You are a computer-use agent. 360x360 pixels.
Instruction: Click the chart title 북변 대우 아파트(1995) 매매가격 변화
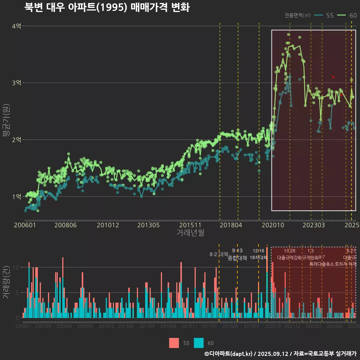107,7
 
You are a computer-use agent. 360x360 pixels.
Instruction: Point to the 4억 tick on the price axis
16,26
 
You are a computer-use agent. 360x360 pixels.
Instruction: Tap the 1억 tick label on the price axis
16,196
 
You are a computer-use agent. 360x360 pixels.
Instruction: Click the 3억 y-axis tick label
16,83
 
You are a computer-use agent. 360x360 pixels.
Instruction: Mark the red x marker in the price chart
333,77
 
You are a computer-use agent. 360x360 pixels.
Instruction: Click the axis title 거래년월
190,233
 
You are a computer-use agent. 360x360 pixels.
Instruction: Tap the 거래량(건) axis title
6,282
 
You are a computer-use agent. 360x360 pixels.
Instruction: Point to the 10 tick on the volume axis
16,267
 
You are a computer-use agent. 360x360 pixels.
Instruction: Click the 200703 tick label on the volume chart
43,326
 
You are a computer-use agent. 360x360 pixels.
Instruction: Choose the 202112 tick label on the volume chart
292,326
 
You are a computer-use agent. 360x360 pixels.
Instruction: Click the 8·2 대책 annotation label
219,254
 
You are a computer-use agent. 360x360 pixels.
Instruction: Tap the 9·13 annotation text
237,250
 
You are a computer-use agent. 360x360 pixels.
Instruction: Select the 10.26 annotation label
289,250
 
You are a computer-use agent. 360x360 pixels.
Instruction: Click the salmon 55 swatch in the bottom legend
174,343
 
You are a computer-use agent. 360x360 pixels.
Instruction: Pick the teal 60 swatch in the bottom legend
199,343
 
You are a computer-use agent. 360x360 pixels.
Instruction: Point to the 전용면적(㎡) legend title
297,15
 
